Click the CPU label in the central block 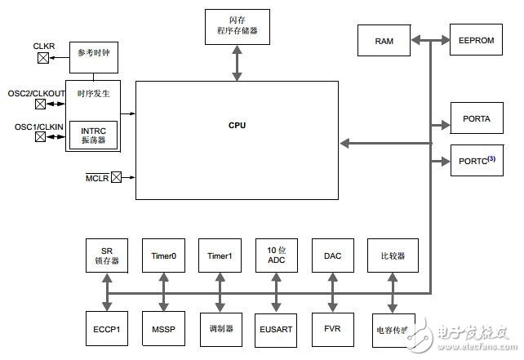coord(237,125)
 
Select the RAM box coord(384,40)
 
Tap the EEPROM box coord(474,38)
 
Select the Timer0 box coord(165,256)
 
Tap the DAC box coord(331,256)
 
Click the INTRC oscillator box coord(92,135)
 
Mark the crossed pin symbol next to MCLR coord(116,177)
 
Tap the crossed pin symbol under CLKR coord(42,57)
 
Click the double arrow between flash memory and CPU coord(237,64)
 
